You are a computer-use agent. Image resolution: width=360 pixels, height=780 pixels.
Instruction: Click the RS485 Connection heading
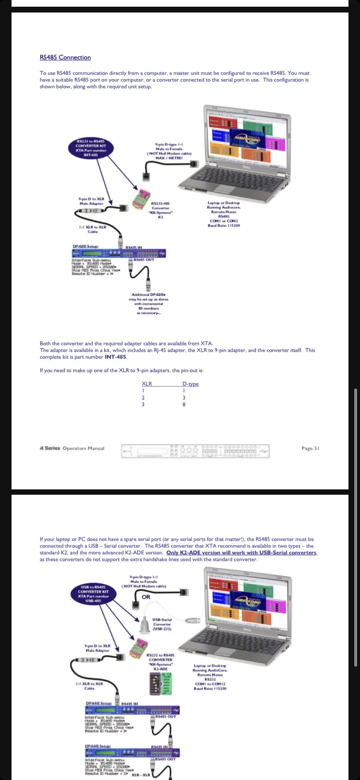click(x=65, y=58)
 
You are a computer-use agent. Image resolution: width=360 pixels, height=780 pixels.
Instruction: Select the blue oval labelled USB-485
click(x=93, y=594)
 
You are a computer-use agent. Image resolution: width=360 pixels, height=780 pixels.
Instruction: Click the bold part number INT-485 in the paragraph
click(x=116, y=357)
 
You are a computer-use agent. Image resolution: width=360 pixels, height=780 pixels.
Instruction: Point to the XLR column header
click(x=147, y=384)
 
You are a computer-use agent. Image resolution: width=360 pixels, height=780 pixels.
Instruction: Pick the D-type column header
click(x=190, y=384)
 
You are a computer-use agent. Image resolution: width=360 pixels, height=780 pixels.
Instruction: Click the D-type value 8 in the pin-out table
click(x=184, y=404)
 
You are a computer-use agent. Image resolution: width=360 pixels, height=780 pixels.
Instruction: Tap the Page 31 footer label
click(x=310, y=448)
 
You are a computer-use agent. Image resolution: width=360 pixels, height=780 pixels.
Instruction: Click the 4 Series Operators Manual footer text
click(x=72, y=448)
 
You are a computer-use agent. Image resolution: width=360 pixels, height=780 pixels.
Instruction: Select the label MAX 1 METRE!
click(x=169, y=158)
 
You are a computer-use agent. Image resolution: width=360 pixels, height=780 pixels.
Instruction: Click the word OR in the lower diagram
click(x=146, y=597)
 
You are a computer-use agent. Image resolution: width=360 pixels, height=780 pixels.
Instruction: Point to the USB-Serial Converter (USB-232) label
click(x=162, y=624)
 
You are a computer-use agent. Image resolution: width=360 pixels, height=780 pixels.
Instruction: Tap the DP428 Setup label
click(x=83, y=246)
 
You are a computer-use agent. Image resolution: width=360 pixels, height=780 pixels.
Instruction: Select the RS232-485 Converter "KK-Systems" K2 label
click(x=160, y=210)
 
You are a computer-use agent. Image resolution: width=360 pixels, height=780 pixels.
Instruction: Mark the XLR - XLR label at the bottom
click(x=141, y=774)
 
